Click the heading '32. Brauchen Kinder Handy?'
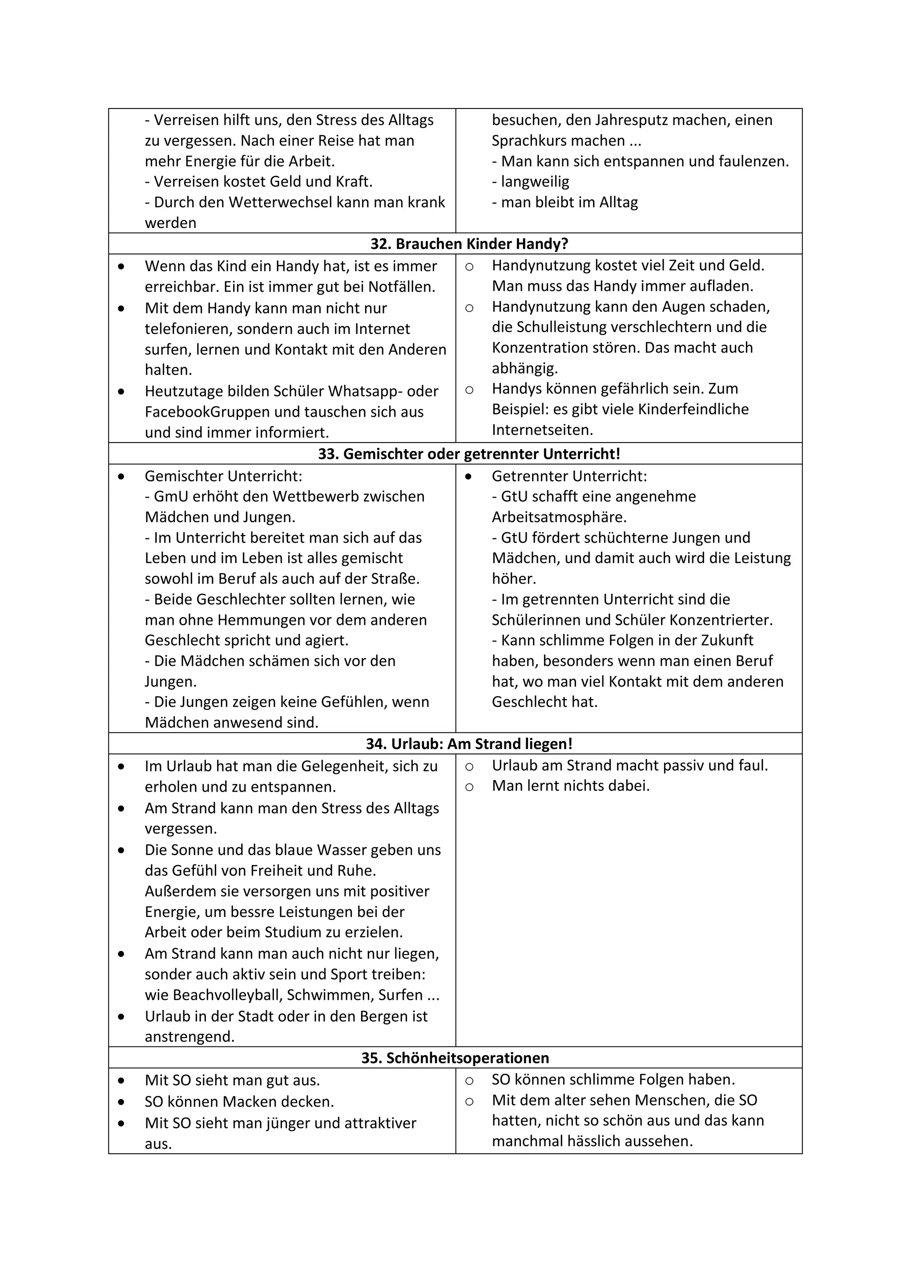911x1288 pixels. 469,244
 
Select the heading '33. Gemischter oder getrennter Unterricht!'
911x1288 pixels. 469,454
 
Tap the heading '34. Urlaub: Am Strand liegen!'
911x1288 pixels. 469,744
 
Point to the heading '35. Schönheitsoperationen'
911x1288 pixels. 455,1058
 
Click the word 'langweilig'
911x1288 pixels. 535,182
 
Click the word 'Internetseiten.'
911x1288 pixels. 542,430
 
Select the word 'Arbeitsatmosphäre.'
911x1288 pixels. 559,517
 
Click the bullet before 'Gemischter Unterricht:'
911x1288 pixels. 121,476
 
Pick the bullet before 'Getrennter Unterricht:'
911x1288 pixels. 468,476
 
